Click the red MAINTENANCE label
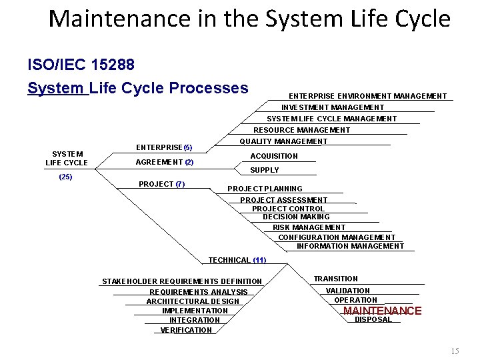pos(382,311)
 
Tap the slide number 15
pos(455,351)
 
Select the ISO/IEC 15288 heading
pos(81,65)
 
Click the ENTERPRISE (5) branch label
pos(164,147)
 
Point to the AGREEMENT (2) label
pos(165,162)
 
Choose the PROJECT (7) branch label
pos(162,184)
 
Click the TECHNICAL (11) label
pos(237,260)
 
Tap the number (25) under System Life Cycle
pos(66,177)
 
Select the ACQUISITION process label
pos(274,156)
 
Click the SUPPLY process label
pos(265,170)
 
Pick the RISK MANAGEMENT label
pos(309,227)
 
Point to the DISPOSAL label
pos(373,320)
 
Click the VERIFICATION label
pos(187,330)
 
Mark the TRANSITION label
pos(336,279)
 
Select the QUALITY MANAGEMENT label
pos(283,141)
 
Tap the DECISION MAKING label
pos(296,217)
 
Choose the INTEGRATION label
pos(195,320)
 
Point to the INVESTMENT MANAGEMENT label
pos(333,107)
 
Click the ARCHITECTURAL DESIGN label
pos(193,301)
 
